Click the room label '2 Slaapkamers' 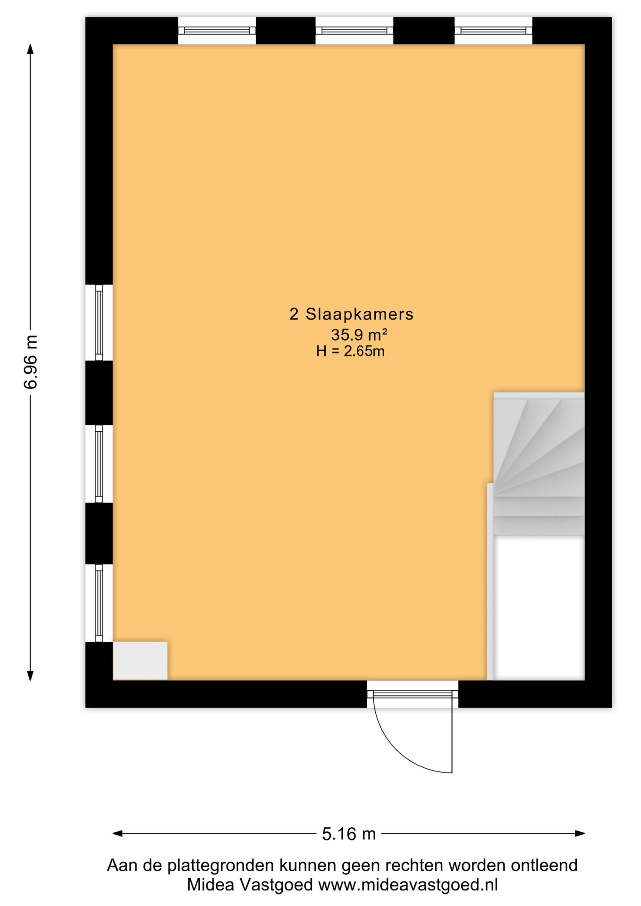coord(351,314)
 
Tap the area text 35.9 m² coord(359,335)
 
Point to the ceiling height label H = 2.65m coord(350,351)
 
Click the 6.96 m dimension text coord(31,362)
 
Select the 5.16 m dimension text coord(349,834)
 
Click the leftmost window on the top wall coord(217,31)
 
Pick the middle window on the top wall coord(354,31)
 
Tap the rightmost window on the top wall coord(493,31)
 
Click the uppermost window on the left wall coord(99,323)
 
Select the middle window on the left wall coord(99,464)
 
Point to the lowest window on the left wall coord(99,603)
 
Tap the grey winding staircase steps coord(539,464)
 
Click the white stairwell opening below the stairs coord(539,608)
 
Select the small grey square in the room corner coord(140,661)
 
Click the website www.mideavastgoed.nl coord(408,884)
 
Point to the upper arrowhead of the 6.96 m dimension coord(30,49)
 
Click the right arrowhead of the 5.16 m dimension coord(580,833)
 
